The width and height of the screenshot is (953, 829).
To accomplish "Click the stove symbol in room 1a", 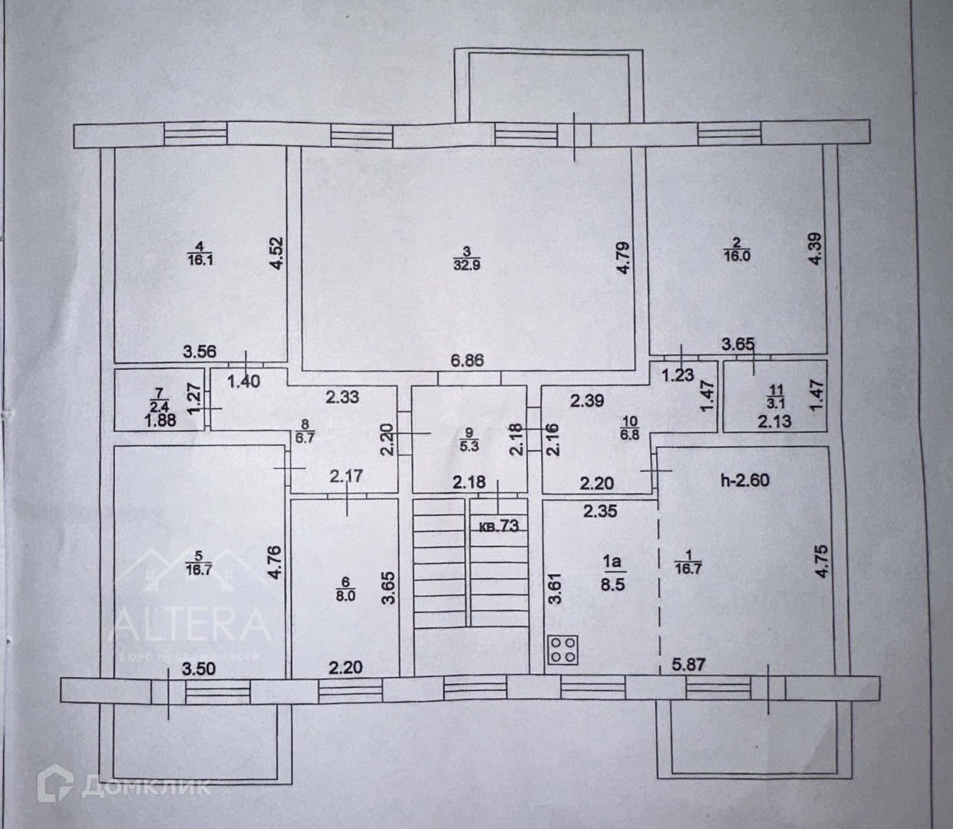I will point(564,649).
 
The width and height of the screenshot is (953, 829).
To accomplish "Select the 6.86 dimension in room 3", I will point(467,359).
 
